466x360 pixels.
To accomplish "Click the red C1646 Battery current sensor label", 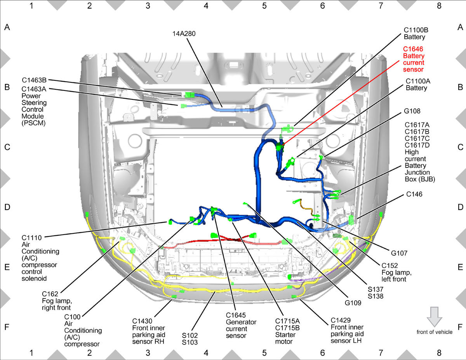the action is click(414, 59).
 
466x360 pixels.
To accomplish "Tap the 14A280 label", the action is click(184, 34).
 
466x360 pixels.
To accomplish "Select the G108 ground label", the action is click(412, 111).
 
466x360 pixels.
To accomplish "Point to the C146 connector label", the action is click(414, 194).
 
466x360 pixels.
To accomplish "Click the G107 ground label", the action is click(399, 253).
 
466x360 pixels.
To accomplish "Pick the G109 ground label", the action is click(353, 303).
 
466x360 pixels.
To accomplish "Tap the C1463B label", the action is click(34, 80).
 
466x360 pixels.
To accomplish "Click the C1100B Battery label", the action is click(416, 33).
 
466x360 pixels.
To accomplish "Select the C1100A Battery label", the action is click(418, 85).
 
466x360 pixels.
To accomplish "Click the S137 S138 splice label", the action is click(376, 293).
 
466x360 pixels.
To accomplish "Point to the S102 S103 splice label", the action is click(190, 339).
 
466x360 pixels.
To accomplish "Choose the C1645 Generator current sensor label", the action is click(241, 325).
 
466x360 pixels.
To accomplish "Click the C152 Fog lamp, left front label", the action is click(396, 272).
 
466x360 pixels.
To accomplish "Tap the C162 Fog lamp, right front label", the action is click(57, 301).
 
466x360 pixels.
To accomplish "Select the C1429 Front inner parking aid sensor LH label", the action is click(347, 330).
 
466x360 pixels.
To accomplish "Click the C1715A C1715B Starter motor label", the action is click(287, 331).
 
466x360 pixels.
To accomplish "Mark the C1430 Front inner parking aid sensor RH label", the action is click(149, 331).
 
